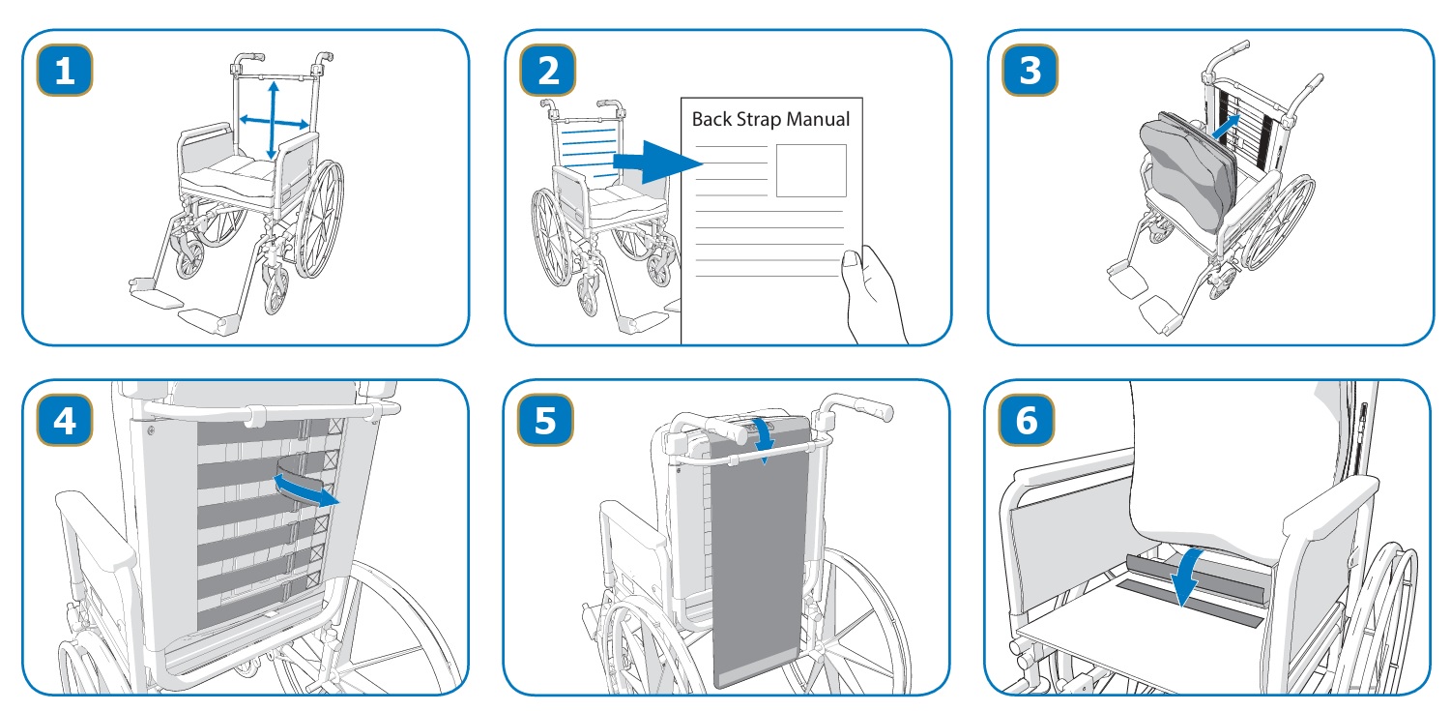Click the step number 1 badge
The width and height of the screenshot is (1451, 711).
[x=65, y=70]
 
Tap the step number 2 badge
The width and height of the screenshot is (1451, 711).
[x=548, y=70]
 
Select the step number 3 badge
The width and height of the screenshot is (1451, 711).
[x=1030, y=70]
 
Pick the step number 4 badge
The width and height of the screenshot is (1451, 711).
[x=65, y=421]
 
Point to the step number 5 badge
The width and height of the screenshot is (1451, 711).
[x=545, y=421]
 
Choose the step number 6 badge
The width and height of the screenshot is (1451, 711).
[x=1027, y=421]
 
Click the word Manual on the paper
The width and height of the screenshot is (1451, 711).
[x=818, y=119]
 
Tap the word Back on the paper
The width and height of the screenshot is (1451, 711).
[x=711, y=119]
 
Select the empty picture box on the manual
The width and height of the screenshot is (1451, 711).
[x=811, y=170]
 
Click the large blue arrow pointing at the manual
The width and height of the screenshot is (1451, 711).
[x=657, y=163]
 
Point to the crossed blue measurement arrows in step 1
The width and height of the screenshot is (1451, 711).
[x=274, y=121]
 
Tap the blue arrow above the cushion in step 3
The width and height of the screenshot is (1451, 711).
[x=1226, y=127]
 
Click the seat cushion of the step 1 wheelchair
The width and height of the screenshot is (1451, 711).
[x=230, y=174]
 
